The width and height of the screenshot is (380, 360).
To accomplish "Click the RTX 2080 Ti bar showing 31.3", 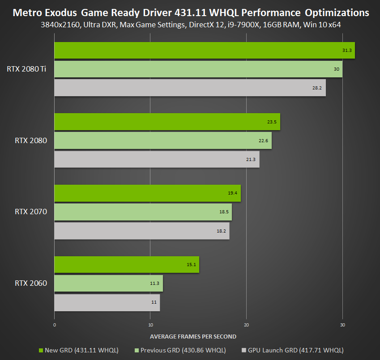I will [204, 50].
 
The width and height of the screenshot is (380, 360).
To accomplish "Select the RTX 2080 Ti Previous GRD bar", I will [198, 69].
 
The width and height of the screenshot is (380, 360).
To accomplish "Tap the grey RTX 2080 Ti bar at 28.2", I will [190, 88].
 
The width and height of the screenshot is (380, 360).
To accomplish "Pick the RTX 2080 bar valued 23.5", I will [167, 122].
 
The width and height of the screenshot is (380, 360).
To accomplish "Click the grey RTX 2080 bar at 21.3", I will [157, 159].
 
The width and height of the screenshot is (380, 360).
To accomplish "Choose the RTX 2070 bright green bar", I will [147, 193].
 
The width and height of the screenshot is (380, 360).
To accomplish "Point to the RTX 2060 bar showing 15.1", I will [127, 265].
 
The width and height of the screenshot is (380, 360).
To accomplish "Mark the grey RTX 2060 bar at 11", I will [107, 302].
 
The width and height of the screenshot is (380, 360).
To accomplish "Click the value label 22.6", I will [263, 141].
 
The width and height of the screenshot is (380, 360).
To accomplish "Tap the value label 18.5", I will [224, 212].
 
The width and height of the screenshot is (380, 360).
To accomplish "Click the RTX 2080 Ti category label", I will [26, 69].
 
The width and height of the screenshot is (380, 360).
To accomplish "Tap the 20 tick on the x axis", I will [247, 325].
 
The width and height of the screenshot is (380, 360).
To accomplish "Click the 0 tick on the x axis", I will [55, 325].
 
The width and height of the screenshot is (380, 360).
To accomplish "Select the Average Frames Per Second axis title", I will [193, 336].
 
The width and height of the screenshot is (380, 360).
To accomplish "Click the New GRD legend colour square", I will [42, 350].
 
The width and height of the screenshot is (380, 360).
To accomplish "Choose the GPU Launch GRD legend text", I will [296, 350].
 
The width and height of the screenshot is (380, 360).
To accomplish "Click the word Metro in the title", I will [27, 12].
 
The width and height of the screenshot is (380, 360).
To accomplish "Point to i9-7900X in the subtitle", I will [253, 25].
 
